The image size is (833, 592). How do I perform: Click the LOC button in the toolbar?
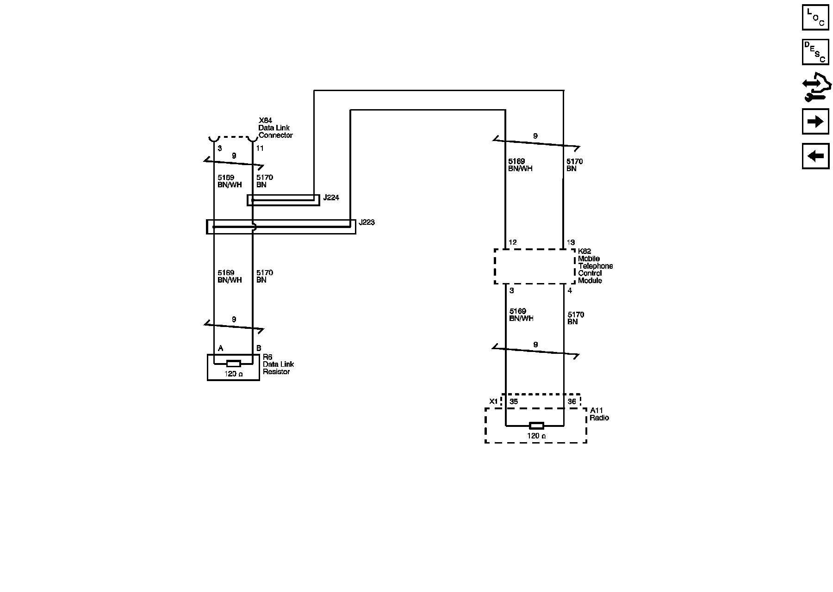click(x=815, y=17)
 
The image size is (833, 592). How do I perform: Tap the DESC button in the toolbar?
click(x=815, y=52)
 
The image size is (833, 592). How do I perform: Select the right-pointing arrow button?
click(x=815, y=122)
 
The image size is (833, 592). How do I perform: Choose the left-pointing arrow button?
click(x=815, y=156)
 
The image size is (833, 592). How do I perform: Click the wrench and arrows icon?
click(x=816, y=88)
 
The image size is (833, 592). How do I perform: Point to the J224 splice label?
click(x=331, y=198)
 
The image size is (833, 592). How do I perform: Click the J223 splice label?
click(x=367, y=222)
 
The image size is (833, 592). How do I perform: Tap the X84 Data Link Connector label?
click(x=275, y=128)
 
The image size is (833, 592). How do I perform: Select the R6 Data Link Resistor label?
click(x=278, y=364)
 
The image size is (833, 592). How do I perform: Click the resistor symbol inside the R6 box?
click(x=233, y=364)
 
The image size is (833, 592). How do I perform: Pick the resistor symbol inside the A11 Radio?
click(x=536, y=425)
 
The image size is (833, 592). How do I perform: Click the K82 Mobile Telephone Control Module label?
click(x=595, y=266)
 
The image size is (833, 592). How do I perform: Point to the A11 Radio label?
click(x=599, y=414)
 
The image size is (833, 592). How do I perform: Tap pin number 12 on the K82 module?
click(x=512, y=242)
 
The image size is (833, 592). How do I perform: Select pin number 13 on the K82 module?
click(x=571, y=242)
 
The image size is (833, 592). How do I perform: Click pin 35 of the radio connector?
click(x=514, y=401)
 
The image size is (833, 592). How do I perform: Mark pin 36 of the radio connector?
click(x=572, y=401)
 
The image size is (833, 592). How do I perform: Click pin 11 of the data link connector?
click(x=260, y=148)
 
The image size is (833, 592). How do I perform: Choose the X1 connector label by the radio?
click(x=494, y=401)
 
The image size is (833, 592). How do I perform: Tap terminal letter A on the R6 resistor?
click(x=221, y=348)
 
